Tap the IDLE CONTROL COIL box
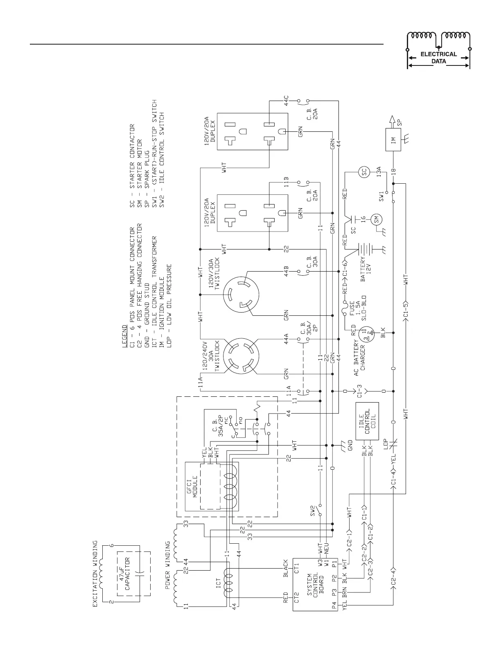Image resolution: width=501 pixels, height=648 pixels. click(367, 421)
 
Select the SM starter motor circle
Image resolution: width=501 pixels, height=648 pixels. click(376, 220)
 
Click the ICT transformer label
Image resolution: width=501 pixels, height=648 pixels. click(218, 583)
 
